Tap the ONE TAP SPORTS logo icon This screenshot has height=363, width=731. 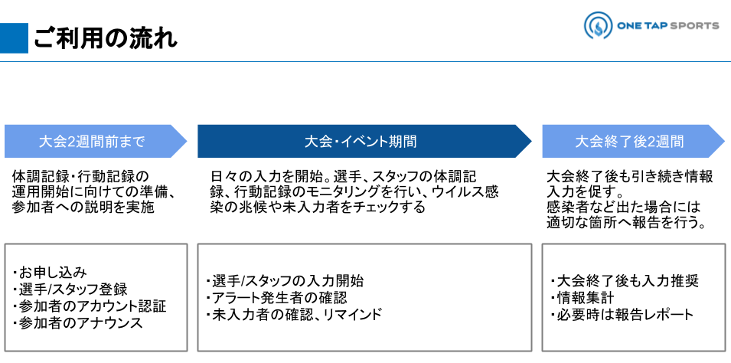point(596,26)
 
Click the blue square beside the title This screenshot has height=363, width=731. point(14,38)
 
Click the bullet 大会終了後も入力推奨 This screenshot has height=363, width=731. point(625,281)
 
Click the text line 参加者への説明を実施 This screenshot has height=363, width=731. point(83,208)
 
